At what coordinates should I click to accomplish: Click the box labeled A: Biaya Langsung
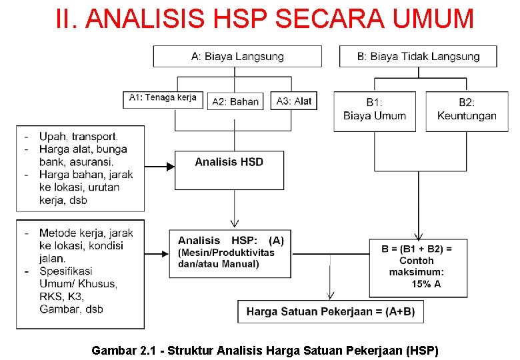click(237, 56)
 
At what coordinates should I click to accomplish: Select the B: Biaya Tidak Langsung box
click(418, 56)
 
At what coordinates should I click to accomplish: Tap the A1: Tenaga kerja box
click(163, 99)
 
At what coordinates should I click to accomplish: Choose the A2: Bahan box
click(235, 101)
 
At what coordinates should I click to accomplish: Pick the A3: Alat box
click(294, 101)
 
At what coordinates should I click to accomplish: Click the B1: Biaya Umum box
click(375, 110)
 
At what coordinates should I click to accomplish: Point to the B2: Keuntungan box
click(467, 110)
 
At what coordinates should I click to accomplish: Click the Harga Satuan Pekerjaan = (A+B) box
click(330, 311)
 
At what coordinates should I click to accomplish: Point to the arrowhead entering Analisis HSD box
click(169, 167)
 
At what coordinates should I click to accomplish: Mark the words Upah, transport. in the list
click(78, 137)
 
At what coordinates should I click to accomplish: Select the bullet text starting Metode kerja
click(86, 233)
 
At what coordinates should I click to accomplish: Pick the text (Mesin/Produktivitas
click(226, 253)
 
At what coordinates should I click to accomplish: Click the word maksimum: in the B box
click(417, 272)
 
